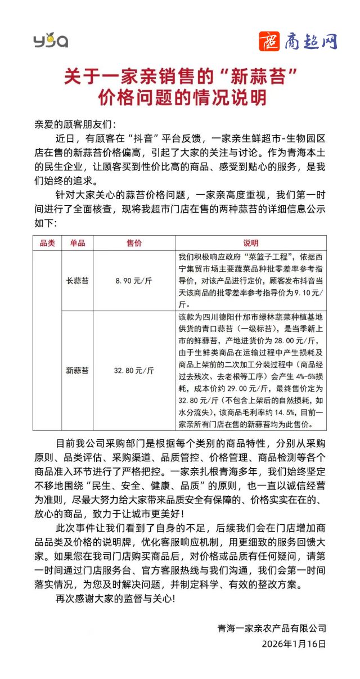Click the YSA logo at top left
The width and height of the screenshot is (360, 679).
[51, 41]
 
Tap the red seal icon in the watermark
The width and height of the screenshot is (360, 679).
[270, 41]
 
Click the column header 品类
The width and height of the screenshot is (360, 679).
[47, 243]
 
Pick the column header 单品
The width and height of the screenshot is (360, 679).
[78, 243]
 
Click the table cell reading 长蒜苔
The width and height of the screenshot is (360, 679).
[78, 280]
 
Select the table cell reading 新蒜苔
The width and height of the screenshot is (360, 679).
[78, 370]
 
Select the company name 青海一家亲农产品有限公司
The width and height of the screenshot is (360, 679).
[272, 628]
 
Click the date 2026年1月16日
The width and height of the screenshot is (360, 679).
[294, 644]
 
